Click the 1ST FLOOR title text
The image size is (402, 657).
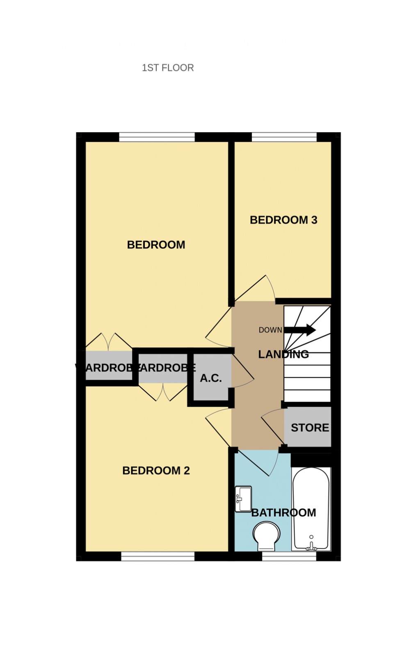click(x=168, y=68)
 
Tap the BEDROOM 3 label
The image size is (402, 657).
click(x=283, y=220)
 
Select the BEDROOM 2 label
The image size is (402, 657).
click(x=156, y=470)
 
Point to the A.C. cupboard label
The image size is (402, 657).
click(x=211, y=378)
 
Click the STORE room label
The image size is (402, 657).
click(x=310, y=428)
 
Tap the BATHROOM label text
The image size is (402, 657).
click(x=283, y=513)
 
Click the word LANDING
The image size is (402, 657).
click(x=283, y=354)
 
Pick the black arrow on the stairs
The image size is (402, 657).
click(x=300, y=330)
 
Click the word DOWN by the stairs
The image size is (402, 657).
click(x=270, y=330)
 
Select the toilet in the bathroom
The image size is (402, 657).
click(x=266, y=536)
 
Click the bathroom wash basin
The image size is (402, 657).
click(x=243, y=499)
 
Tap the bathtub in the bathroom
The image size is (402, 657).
click(x=311, y=509)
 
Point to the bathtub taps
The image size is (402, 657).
click(x=311, y=545)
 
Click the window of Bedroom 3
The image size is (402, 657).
click(x=284, y=137)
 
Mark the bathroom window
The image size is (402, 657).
click(x=289, y=556)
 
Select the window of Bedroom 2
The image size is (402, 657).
click(x=158, y=556)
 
